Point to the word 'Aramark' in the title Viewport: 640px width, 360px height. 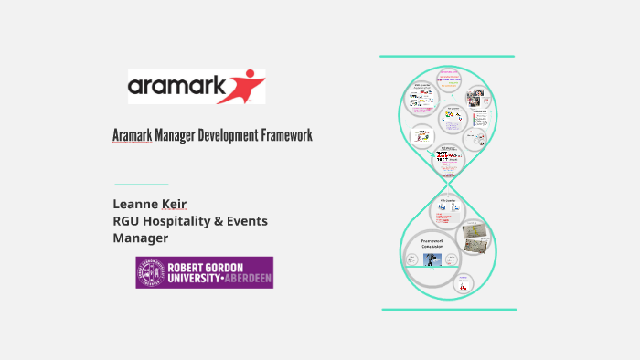point(132,135)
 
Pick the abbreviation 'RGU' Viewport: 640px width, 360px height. point(128,220)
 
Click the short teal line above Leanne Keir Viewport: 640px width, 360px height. point(142,184)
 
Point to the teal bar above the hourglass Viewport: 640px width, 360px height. point(447,57)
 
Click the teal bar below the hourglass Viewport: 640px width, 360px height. point(447,309)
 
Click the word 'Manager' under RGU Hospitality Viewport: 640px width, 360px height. point(140,238)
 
